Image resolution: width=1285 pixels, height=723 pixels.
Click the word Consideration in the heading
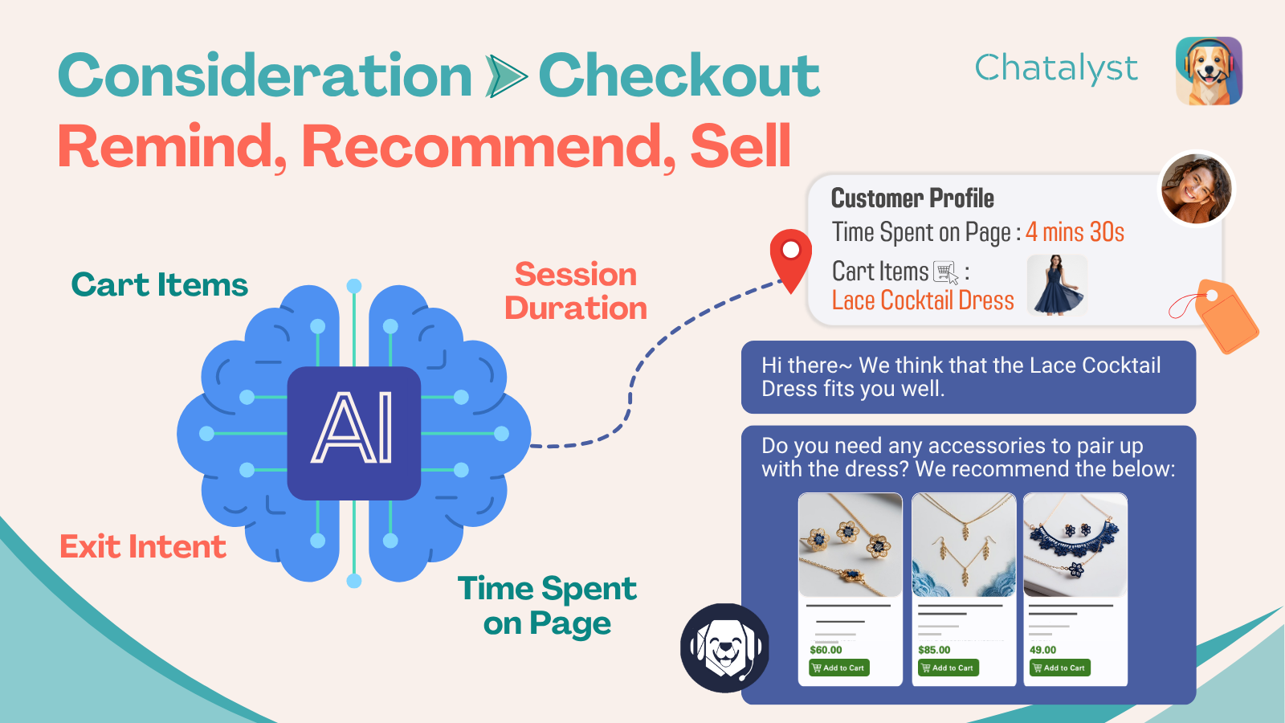pyautogui.click(x=265, y=76)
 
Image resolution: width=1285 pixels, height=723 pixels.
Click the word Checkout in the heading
pyautogui.click(x=679, y=76)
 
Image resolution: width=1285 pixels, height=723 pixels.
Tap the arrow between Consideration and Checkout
pyautogui.click(x=505, y=76)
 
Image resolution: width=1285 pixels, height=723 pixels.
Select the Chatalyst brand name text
pyautogui.click(x=1056, y=69)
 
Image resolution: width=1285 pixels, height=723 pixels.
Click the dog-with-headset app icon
pyautogui.click(x=1209, y=71)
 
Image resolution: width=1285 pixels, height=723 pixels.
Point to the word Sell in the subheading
pyautogui.click(x=740, y=146)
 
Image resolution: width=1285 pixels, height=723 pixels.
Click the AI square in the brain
pyautogui.click(x=354, y=433)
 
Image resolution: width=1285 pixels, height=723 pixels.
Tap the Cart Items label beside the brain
pyautogui.click(x=160, y=284)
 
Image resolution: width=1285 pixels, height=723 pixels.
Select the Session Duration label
pyautogui.click(x=576, y=291)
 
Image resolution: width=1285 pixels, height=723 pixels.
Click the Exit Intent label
pyautogui.click(x=143, y=546)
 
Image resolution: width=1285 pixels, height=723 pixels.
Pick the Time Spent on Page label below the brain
pyautogui.click(x=547, y=606)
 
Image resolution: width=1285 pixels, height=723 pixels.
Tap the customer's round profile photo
pyautogui.click(x=1196, y=188)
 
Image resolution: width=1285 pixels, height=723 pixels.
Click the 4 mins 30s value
pyautogui.click(x=1075, y=232)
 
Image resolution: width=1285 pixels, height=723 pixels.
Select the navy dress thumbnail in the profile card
pyautogui.click(x=1057, y=285)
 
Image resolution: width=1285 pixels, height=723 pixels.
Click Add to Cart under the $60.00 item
pyautogui.click(x=839, y=668)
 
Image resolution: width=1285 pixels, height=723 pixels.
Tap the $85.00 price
pyautogui.click(x=934, y=650)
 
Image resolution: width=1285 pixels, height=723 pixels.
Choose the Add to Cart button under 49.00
pyautogui.click(x=1060, y=668)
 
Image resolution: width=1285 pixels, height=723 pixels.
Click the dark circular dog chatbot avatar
pyautogui.click(x=725, y=647)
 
